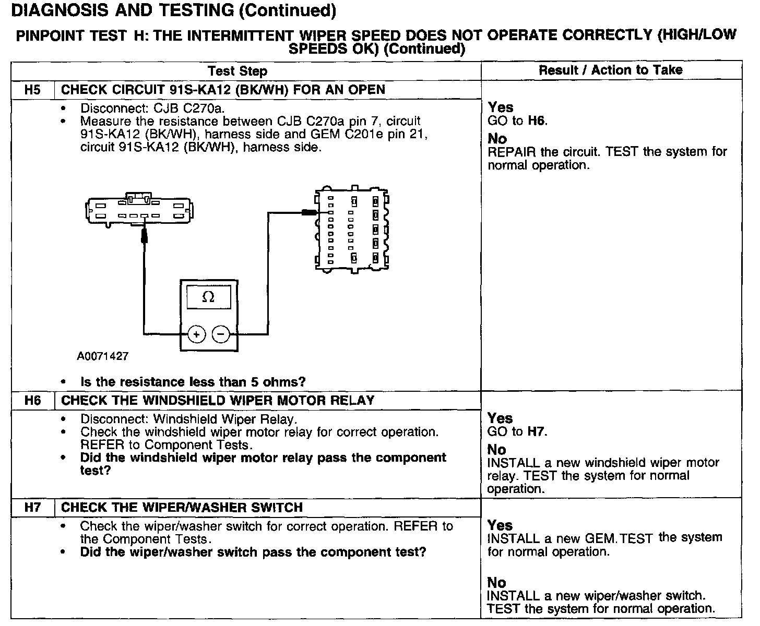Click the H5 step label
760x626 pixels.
coord(32,90)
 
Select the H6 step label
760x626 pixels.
coord(32,401)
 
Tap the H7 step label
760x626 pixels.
coord(32,508)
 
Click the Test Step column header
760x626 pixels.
coord(237,71)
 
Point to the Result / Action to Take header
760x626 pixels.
coord(610,70)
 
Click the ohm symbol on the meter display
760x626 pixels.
coord(208,297)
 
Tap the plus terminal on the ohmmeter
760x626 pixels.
coord(196,334)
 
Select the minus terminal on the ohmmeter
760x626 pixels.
coord(221,334)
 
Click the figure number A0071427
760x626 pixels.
coord(102,356)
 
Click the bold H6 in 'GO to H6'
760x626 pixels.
coord(536,121)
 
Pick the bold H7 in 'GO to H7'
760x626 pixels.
coord(536,431)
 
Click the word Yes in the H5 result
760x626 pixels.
coord(501,107)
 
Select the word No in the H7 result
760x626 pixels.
coord(496,582)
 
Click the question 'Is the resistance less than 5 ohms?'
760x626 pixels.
coord(193,382)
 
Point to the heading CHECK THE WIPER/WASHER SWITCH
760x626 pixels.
coord(182,508)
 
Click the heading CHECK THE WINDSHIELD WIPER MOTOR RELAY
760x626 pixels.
coord(218,401)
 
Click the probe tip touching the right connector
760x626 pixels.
coord(310,212)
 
